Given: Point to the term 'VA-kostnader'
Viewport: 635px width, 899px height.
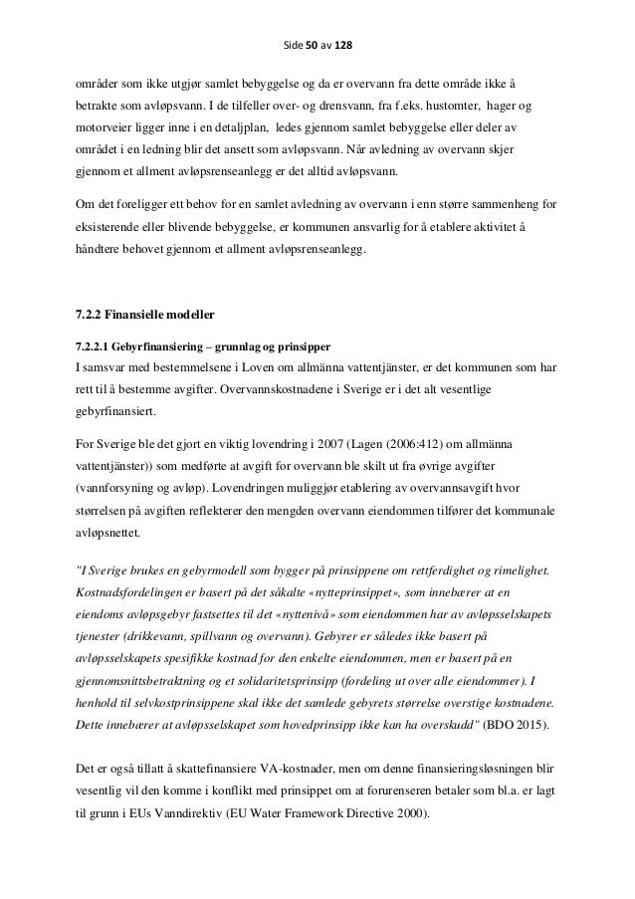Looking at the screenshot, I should (272, 769).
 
